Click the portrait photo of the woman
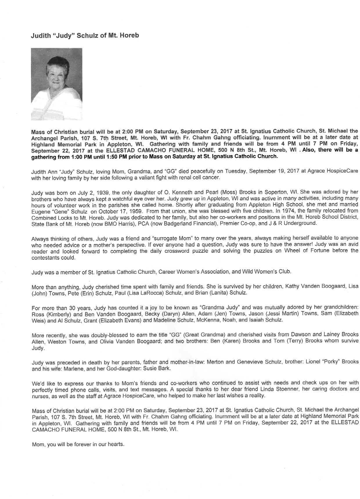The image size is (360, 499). [x=56, y=84]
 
